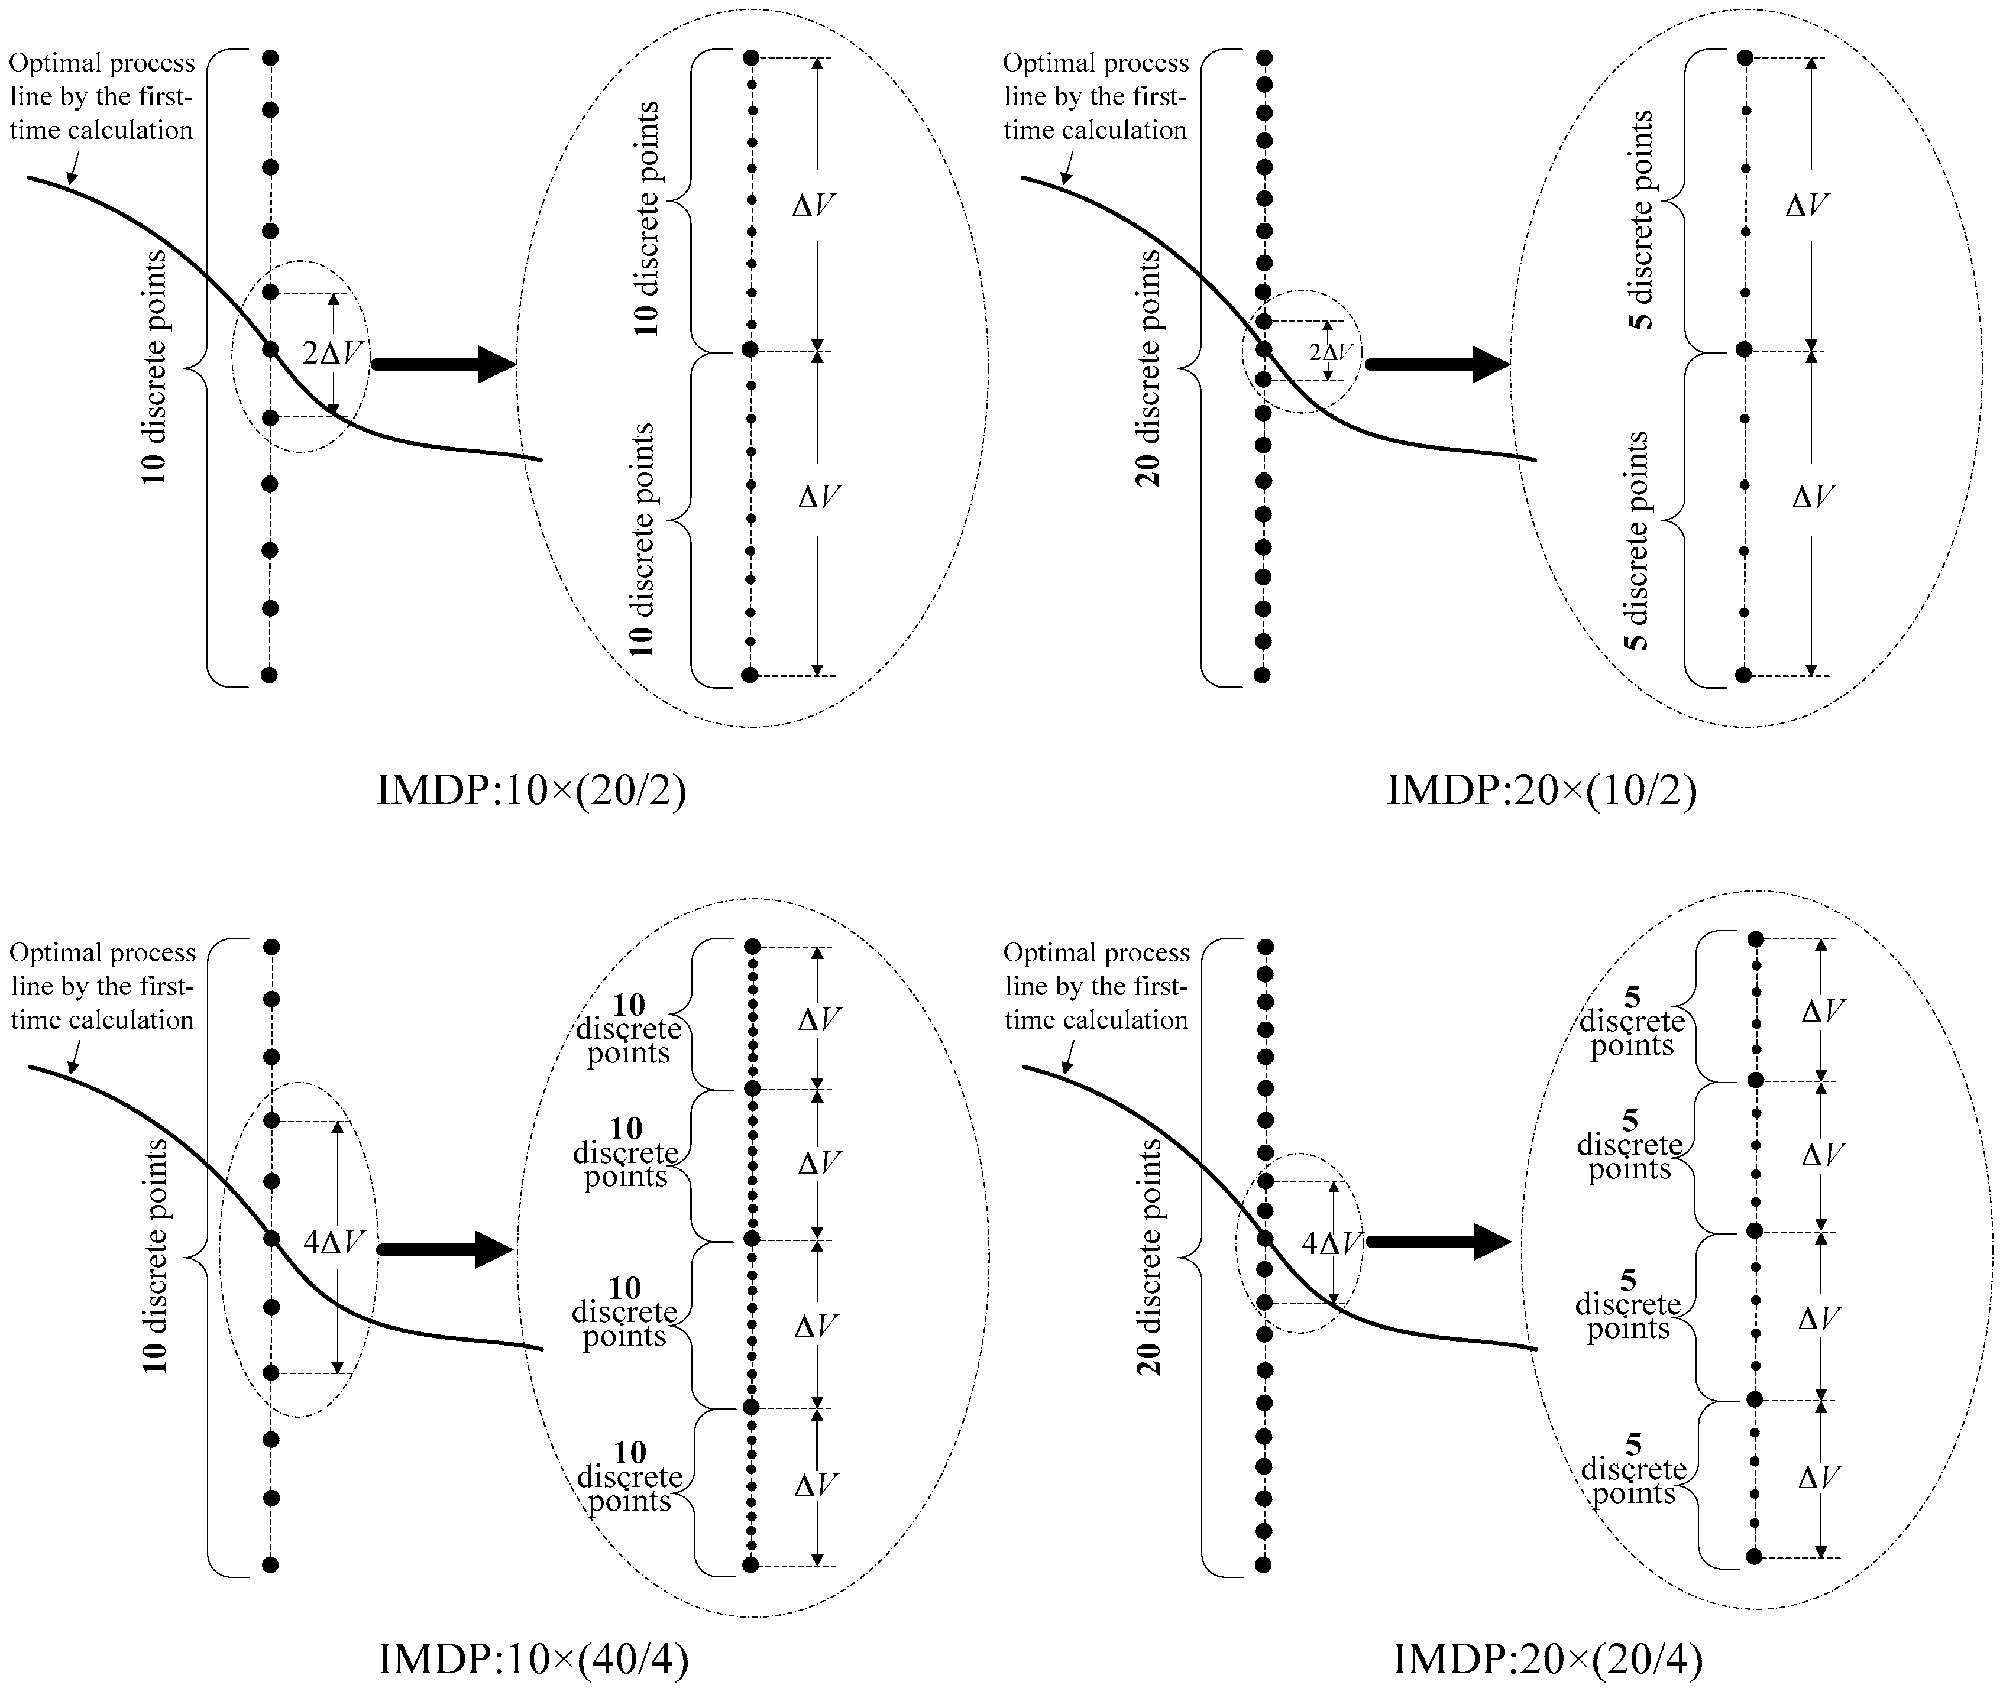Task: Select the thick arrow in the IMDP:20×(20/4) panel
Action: coord(1438,1242)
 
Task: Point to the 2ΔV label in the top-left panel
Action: coord(332,353)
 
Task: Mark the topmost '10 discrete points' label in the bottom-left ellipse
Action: coord(629,1029)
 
